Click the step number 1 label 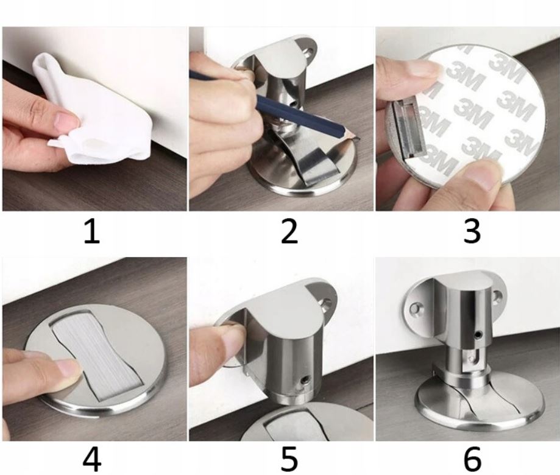pyautogui.click(x=92, y=231)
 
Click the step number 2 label pyautogui.click(x=289, y=231)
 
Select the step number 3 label pyautogui.click(x=472, y=231)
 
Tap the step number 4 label pyautogui.click(x=92, y=460)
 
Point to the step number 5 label pyautogui.click(x=289, y=460)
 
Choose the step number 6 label pyautogui.click(x=472, y=460)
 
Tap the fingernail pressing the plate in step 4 pyautogui.click(x=67, y=368)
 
